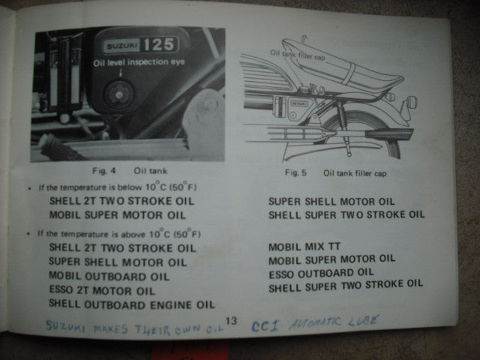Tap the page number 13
[x=230, y=321]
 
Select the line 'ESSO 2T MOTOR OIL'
[x=103, y=289]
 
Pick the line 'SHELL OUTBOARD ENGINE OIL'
[x=131, y=304]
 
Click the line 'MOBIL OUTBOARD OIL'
[x=109, y=276]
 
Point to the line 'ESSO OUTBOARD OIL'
[x=321, y=271]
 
